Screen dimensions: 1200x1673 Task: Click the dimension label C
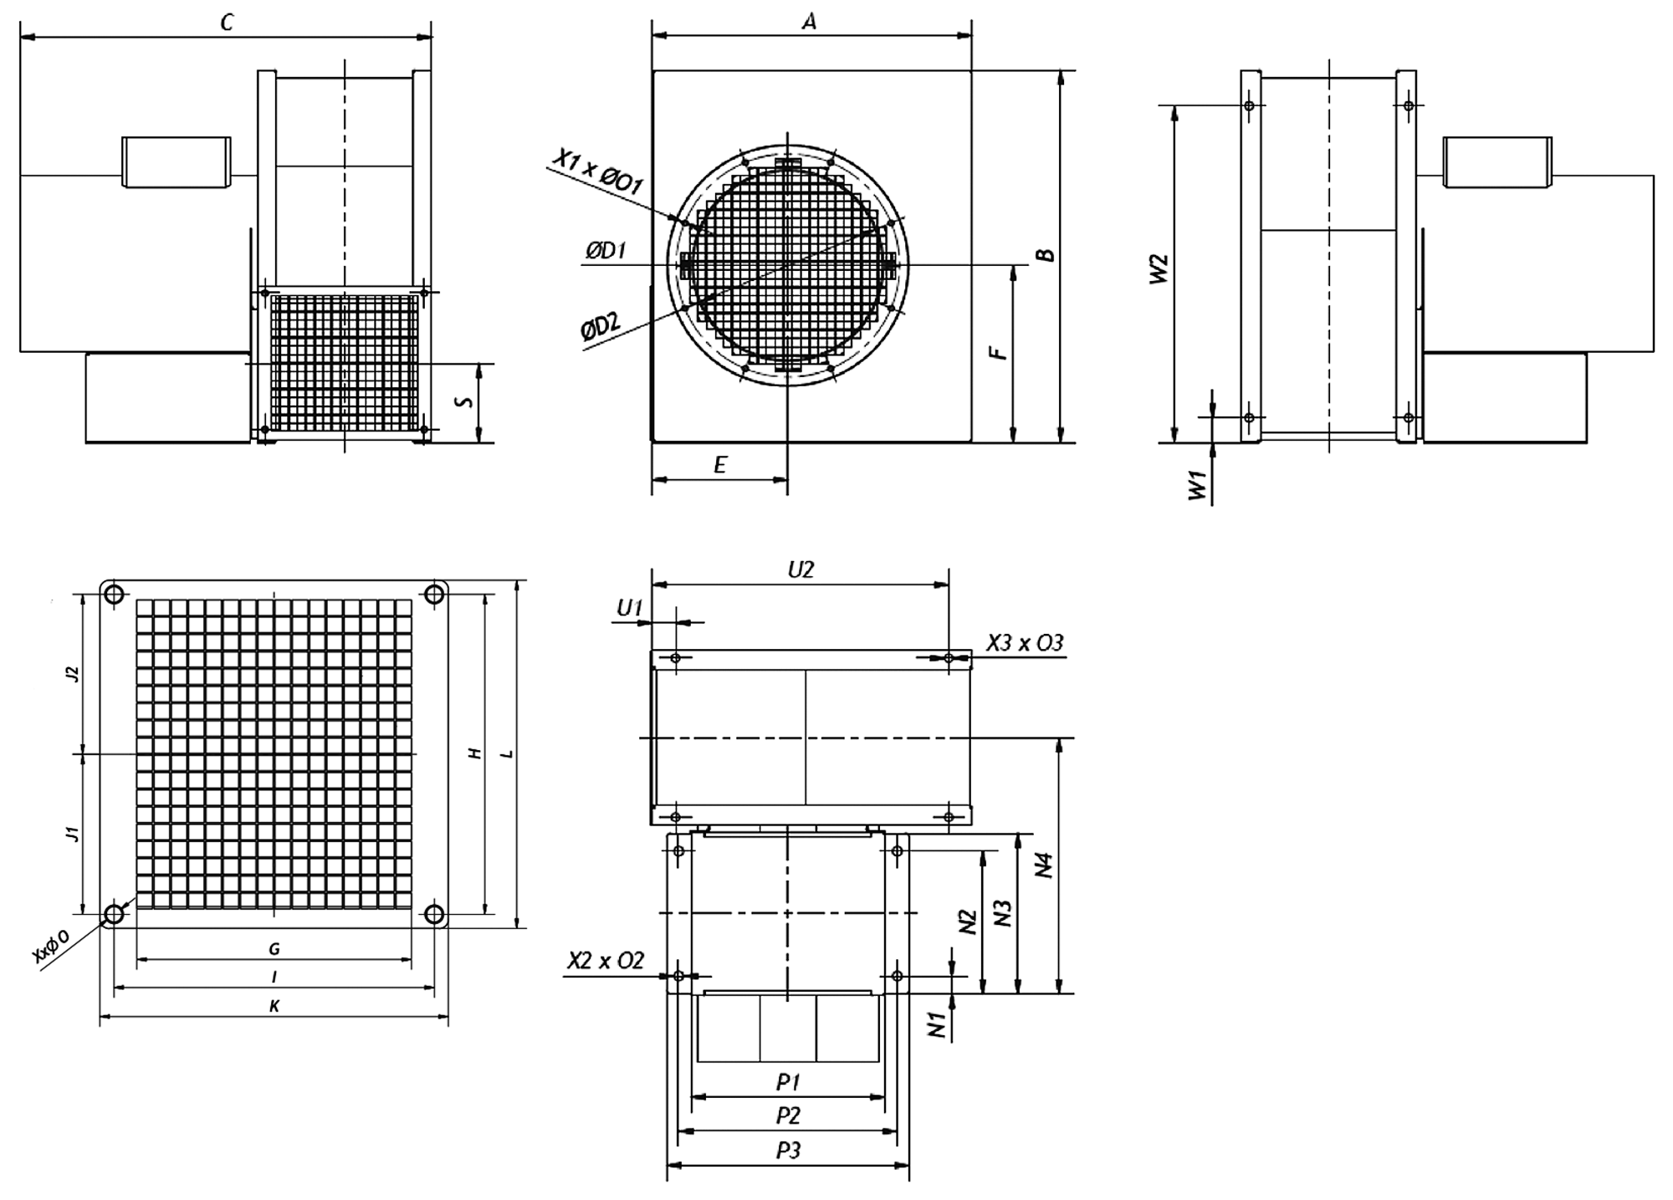point(227,23)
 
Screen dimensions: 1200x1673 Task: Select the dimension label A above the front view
point(809,21)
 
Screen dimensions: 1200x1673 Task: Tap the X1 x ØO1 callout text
point(597,172)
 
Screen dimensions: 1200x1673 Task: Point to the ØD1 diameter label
point(606,249)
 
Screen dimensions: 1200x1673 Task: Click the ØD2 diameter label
point(601,326)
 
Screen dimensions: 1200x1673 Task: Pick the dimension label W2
point(1158,269)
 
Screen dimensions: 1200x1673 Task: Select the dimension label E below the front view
point(720,465)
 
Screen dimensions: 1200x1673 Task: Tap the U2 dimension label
point(801,569)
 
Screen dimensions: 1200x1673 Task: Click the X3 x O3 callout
point(1025,642)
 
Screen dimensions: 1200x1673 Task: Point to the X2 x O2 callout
point(606,961)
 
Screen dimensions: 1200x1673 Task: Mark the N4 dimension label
point(1043,865)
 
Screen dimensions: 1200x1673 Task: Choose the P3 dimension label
point(788,1151)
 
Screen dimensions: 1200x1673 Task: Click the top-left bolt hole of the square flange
point(113,595)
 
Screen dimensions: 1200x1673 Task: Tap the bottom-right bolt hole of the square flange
point(433,914)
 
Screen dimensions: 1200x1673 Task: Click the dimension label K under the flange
point(274,1007)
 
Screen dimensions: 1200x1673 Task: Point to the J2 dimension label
point(73,673)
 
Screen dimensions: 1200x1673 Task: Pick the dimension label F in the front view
point(999,353)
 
